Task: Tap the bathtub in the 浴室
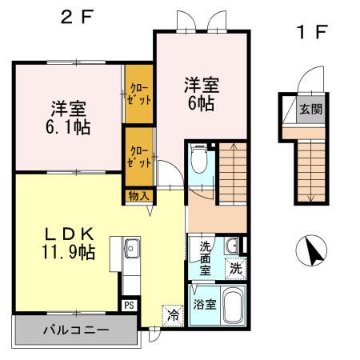click(232, 306)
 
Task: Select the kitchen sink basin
click(132, 248)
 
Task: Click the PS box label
click(130, 305)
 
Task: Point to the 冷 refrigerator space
click(174, 316)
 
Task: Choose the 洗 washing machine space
click(236, 268)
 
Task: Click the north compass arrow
click(312, 250)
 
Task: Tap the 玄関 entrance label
click(311, 110)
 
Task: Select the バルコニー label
click(76, 330)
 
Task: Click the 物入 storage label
click(138, 196)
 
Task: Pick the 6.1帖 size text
click(68, 127)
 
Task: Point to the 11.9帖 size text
click(68, 252)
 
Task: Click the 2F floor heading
click(77, 17)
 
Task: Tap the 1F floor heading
click(312, 32)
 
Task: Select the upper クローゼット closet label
click(139, 94)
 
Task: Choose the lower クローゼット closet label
click(139, 157)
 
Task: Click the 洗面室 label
click(205, 258)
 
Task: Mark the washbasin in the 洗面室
click(232, 246)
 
